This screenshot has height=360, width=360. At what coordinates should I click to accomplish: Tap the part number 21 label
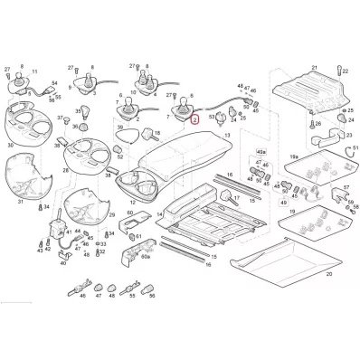click(315, 68)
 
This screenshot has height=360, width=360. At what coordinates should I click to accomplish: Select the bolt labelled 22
click(339, 84)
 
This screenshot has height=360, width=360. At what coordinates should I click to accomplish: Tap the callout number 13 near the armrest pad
click(227, 135)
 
